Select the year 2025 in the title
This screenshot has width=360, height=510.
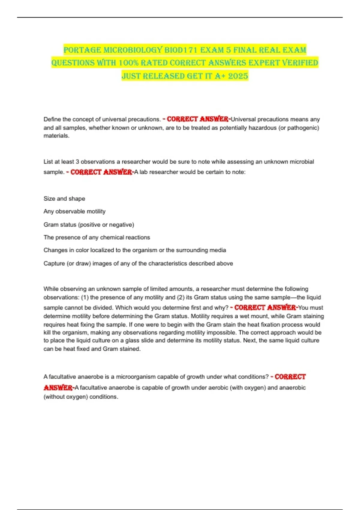[238, 76]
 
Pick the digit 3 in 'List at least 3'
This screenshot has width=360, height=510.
[77, 162]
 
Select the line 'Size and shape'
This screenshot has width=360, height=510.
[64, 199]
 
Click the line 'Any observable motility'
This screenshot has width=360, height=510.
[74, 211]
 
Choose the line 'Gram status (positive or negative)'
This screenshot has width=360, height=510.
[89, 225]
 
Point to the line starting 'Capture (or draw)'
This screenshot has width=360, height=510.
[138, 263]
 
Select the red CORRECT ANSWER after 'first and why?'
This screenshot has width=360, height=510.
[265, 307]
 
